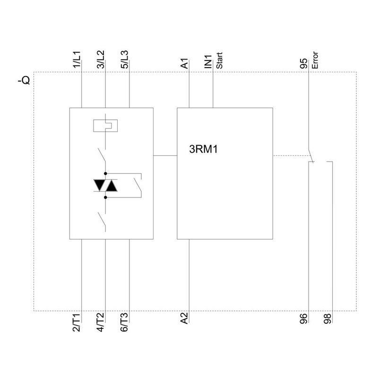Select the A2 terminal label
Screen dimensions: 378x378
click(x=185, y=319)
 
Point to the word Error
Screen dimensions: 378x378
click(x=315, y=61)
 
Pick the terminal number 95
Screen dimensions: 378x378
click(x=305, y=64)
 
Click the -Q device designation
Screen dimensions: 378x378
click(x=23, y=80)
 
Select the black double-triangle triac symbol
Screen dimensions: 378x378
click(x=105, y=186)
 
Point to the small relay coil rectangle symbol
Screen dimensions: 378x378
click(x=105, y=125)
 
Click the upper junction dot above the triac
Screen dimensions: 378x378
click(x=105, y=174)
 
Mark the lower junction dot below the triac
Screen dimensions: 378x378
click(x=105, y=197)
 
